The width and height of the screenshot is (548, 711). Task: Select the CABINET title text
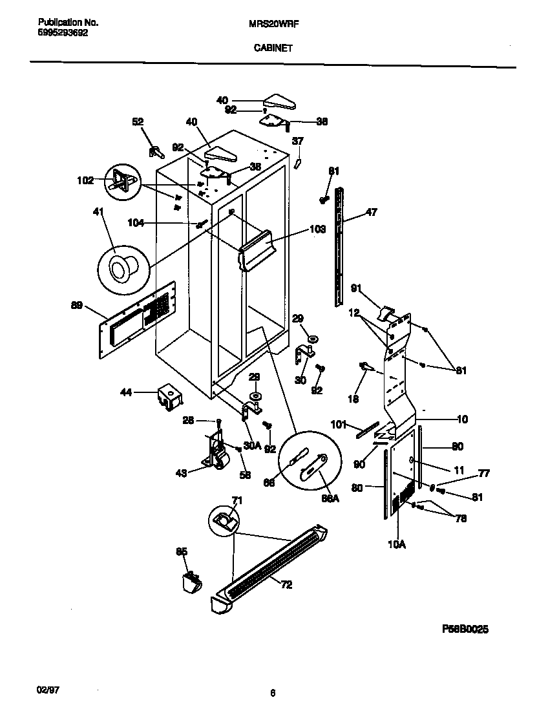[x=272, y=47]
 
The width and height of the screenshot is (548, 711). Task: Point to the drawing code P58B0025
[x=470, y=628]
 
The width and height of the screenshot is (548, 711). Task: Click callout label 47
[x=371, y=211]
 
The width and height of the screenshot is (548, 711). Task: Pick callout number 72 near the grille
[x=286, y=584]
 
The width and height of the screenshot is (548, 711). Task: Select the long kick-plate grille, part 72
[x=271, y=566]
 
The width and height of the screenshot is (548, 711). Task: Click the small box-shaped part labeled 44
[x=169, y=397]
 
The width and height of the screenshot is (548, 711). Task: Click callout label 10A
[x=396, y=545]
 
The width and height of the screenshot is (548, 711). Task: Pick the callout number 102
[x=85, y=180]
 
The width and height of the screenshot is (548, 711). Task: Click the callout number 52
[x=138, y=121]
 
